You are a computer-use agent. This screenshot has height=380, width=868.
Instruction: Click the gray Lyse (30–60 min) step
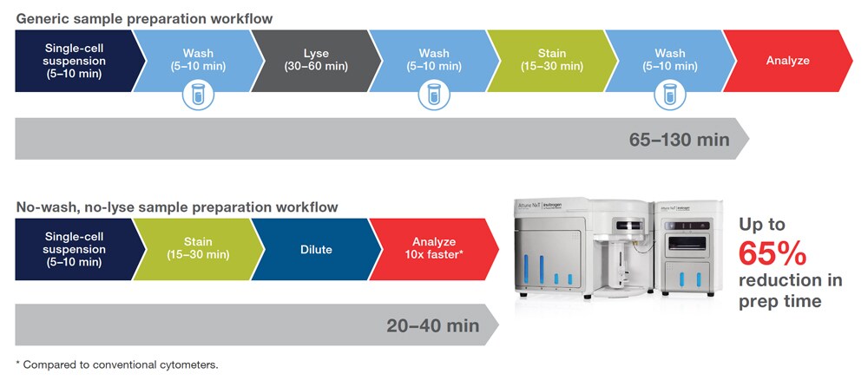pyautogui.click(x=316, y=61)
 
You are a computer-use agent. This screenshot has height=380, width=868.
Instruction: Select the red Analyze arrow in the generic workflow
pyautogui.click(x=787, y=61)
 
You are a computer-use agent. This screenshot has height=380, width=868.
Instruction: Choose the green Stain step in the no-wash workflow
pyautogui.click(x=198, y=249)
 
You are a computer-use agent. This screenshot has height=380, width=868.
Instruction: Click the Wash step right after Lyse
pyautogui.click(x=434, y=61)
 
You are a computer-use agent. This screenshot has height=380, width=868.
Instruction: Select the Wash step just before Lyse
pyautogui.click(x=198, y=61)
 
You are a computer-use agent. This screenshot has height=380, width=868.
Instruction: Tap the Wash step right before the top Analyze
pyautogui.click(x=668, y=61)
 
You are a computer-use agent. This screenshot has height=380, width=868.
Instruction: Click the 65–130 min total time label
pyautogui.click(x=679, y=139)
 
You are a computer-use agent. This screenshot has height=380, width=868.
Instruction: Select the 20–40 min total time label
pyautogui.click(x=432, y=325)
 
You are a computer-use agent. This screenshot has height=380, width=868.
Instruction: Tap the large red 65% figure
pyautogui.click(x=773, y=253)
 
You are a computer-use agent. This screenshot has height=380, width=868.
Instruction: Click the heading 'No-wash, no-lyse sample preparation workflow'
pyautogui.click(x=177, y=207)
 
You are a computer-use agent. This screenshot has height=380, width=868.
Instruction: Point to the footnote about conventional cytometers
pyautogui.click(x=117, y=364)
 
